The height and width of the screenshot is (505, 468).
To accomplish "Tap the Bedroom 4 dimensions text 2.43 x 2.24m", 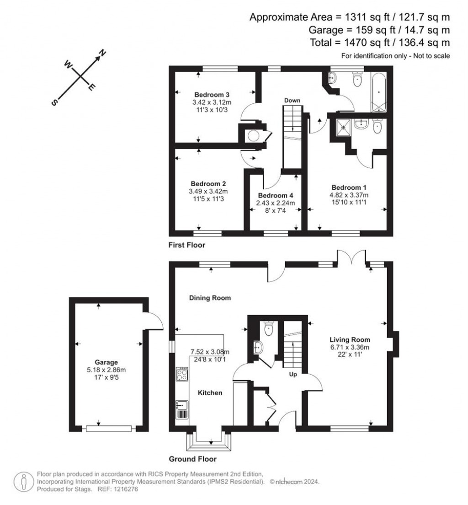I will (276, 203).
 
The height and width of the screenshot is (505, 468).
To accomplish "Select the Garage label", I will (106, 362).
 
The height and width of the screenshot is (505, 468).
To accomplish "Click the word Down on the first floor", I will (292, 100).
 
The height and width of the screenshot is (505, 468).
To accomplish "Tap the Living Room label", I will (350, 340).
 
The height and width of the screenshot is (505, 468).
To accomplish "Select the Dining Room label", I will (210, 298).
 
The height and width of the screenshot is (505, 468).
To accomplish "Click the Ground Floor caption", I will (192, 459).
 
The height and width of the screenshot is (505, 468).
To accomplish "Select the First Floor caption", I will (187, 245).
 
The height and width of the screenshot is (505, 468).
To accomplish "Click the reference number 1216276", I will (123, 489).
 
